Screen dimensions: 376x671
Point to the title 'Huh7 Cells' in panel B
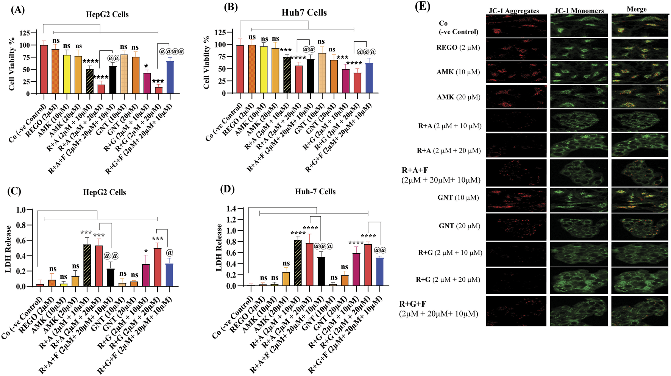click(304, 12)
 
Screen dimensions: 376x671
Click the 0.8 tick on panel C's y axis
click(21, 225)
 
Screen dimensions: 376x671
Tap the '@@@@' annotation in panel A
click(171, 51)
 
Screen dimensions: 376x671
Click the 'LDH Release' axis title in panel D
click(219, 247)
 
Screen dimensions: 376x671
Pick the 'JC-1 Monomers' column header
click(579, 11)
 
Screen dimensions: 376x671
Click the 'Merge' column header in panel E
click(637, 9)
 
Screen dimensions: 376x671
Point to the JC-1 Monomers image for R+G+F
click(579, 311)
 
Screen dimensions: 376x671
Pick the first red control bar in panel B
click(240, 69)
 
